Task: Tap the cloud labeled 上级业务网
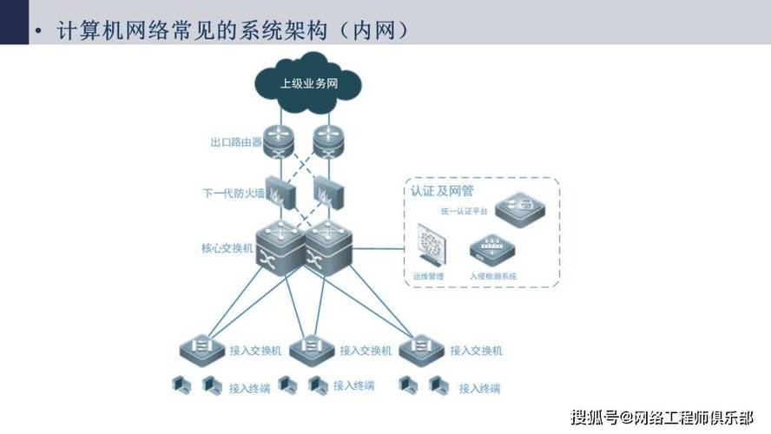tap(308, 84)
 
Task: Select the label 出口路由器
tap(236, 141)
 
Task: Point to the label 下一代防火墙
tap(233, 193)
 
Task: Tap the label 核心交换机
tap(227, 248)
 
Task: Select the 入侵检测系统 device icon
tap(491, 251)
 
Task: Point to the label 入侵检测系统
tap(492, 276)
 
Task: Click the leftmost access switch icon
tap(201, 349)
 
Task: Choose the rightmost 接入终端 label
tap(479, 388)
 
